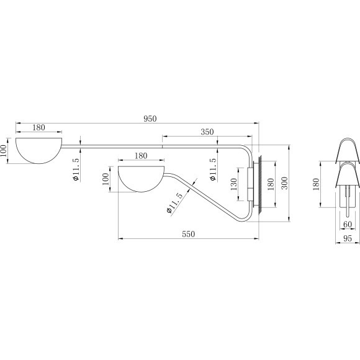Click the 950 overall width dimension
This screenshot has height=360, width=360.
(x=150, y=119)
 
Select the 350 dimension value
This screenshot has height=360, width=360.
(x=207, y=132)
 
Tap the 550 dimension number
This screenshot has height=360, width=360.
(x=188, y=234)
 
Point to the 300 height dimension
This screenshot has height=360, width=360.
(x=284, y=183)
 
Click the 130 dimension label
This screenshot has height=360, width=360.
(x=233, y=184)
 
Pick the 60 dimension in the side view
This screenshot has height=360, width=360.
(x=347, y=224)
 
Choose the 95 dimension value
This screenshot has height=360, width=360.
(x=347, y=238)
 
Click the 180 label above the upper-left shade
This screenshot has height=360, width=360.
(x=38, y=127)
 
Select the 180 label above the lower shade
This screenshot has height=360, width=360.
(x=141, y=156)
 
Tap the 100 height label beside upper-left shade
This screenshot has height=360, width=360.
(x=4, y=151)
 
